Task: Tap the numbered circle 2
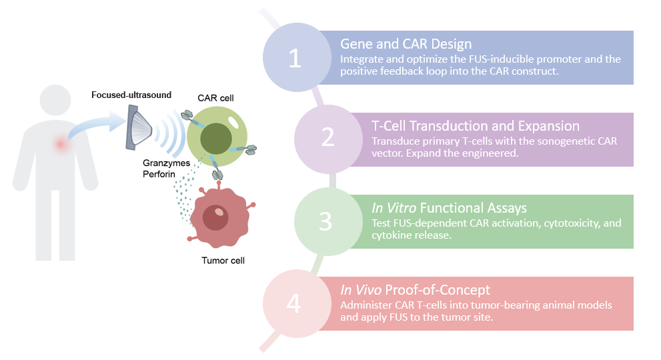pos(327,137)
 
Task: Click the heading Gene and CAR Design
pos(406,44)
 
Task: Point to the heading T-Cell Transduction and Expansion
pos(475,126)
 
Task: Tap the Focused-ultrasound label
pos(131,95)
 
